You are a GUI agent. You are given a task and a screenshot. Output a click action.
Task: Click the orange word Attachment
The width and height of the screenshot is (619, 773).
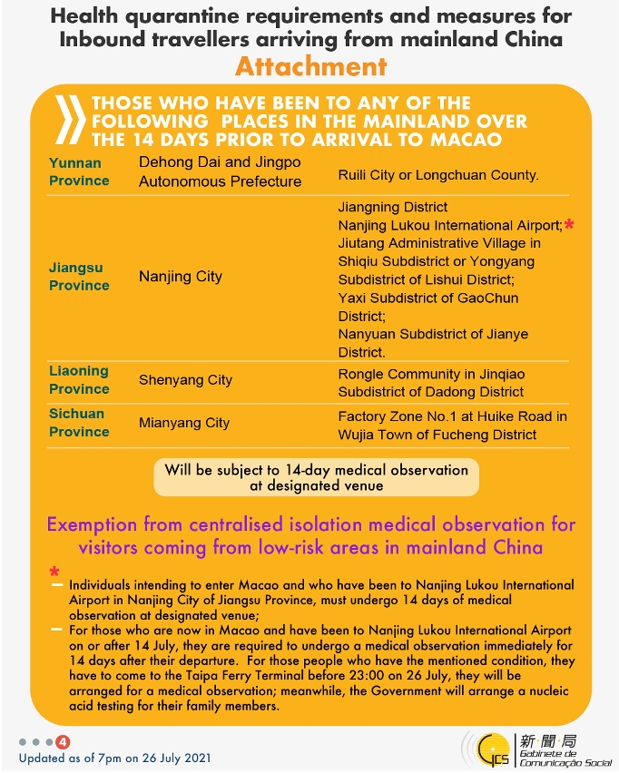[x=310, y=66]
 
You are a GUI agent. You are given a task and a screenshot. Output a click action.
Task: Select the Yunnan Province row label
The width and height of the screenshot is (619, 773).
[x=79, y=171]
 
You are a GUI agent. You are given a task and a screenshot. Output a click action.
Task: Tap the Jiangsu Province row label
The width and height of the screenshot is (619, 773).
[x=79, y=277]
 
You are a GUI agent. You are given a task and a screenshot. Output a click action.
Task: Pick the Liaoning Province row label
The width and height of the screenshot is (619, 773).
[x=79, y=379]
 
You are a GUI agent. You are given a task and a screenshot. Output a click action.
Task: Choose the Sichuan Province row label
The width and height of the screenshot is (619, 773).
[x=79, y=423]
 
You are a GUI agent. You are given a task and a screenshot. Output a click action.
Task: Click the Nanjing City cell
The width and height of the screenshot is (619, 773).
[x=181, y=277]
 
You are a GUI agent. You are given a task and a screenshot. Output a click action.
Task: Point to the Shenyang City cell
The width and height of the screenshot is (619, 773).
[x=186, y=380]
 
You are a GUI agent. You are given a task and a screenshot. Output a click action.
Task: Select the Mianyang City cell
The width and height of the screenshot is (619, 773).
[x=184, y=423]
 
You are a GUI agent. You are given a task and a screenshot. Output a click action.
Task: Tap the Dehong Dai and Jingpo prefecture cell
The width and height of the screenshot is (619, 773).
[x=220, y=171]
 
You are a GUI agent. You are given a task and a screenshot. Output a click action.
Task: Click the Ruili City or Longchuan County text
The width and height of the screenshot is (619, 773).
[x=438, y=175]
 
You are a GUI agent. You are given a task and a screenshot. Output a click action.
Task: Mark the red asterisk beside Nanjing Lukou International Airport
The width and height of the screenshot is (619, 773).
[x=569, y=224]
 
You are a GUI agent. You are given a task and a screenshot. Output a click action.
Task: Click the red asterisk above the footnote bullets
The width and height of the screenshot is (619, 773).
[x=54, y=572]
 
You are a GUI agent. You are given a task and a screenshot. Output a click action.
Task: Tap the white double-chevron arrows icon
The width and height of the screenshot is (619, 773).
[x=71, y=119]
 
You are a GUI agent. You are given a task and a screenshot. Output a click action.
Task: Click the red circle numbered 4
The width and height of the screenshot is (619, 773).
[x=63, y=741]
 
